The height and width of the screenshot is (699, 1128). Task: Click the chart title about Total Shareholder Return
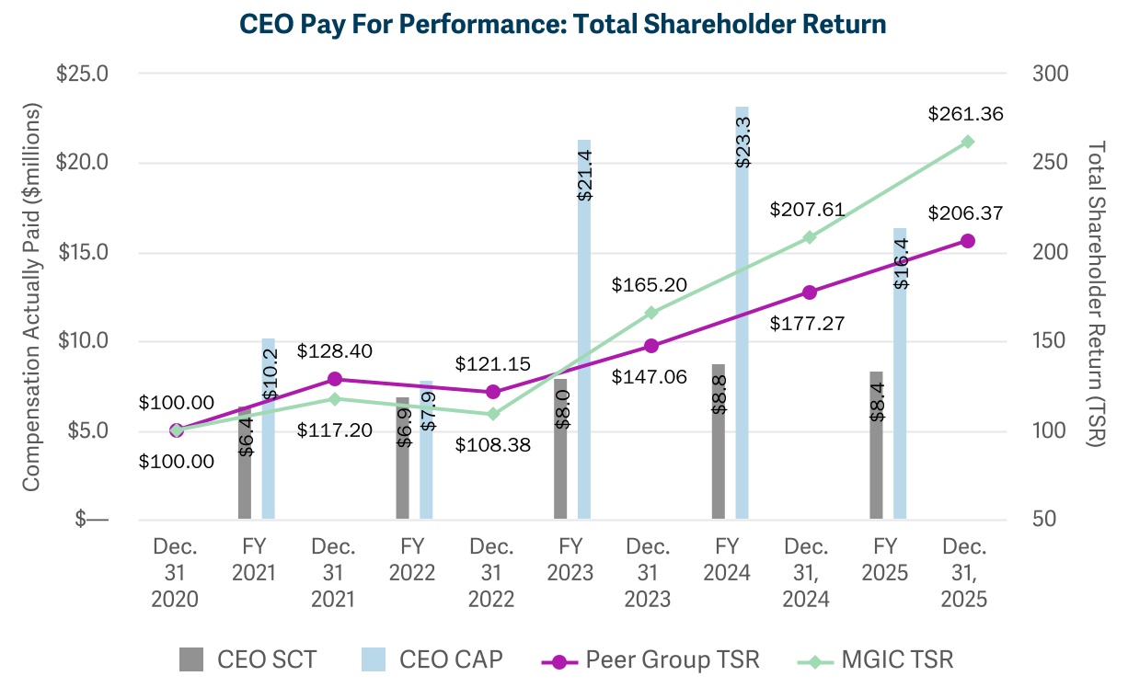pyautogui.click(x=563, y=24)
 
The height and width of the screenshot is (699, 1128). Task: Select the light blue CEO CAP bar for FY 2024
pyautogui.click(x=742, y=313)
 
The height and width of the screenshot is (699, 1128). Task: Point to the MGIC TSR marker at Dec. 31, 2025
pyautogui.click(x=967, y=142)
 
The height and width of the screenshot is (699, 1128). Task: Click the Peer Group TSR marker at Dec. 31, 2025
pyautogui.click(x=967, y=241)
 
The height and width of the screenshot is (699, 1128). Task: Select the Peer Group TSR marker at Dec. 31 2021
pyautogui.click(x=335, y=379)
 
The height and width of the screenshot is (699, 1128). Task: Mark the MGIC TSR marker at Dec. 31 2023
pyautogui.click(x=651, y=313)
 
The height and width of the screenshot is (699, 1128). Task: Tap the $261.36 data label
pyautogui.click(x=965, y=115)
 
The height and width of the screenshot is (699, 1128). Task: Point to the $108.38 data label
pyautogui.click(x=493, y=444)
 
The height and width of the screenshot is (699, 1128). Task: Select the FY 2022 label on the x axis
pyautogui.click(x=412, y=559)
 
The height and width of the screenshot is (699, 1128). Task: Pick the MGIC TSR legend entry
pyautogui.click(x=878, y=659)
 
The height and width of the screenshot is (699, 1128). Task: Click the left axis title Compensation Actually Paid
pyautogui.click(x=32, y=296)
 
